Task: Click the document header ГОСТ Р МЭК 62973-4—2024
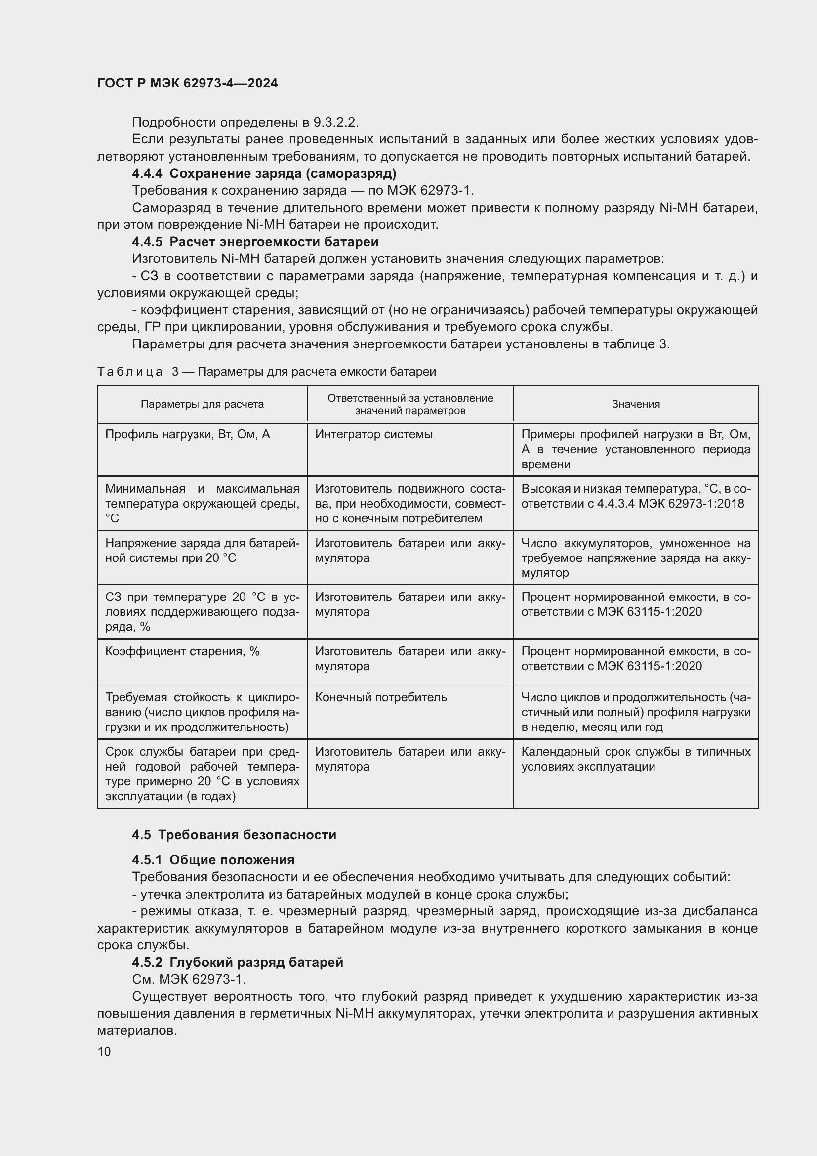click(x=187, y=83)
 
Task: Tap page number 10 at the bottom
click(x=104, y=1051)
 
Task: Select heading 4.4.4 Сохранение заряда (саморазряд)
click(x=264, y=173)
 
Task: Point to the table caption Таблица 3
click(x=266, y=372)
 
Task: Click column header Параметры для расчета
click(x=202, y=404)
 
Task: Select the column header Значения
click(x=635, y=404)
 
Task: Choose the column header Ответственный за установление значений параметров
click(x=410, y=404)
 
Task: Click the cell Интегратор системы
click(x=374, y=434)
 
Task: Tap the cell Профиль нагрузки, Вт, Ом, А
click(x=187, y=434)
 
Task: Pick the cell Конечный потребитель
click(x=381, y=697)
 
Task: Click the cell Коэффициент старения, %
click(x=182, y=651)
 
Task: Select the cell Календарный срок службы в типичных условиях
click(x=635, y=759)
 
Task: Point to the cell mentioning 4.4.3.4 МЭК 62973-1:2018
click(x=635, y=496)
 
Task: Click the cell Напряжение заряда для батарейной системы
click(x=202, y=550)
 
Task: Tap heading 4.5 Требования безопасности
click(x=234, y=835)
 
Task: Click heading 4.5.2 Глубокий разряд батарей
click(x=238, y=962)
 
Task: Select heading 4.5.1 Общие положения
click(x=213, y=860)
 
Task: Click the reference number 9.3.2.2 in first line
click(x=335, y=123)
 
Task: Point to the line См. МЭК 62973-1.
click(x=189, y=979)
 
